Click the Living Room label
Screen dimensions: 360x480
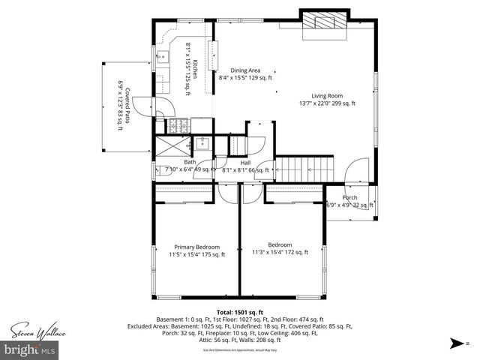pyautogui.click(x=327, y=95)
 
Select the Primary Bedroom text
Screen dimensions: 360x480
pyautogui.click(x=196, y=247)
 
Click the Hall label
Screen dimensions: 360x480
pyautogui.click(x=245, y=162)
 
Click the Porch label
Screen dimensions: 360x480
pyautogui.click(x=350, y=198)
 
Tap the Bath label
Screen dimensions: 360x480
pyautogui.click(x=190, y=162)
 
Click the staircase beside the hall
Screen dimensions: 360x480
pyautogui.click(x=304, y=168)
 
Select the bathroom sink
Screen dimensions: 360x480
pyautogui.click(x=201, y=143)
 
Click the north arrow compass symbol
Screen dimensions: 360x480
pyautogui.click(x=455, y=344)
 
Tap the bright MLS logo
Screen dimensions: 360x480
pyautogui.click(x=30, y=349)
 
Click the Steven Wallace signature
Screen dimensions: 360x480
pyautogui.click(x=37, y=331)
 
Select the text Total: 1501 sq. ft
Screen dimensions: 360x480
pyautogui.click(x=239, y=311)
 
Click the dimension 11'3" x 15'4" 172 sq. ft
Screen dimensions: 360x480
pyautogui.click(x=279, y=253)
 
